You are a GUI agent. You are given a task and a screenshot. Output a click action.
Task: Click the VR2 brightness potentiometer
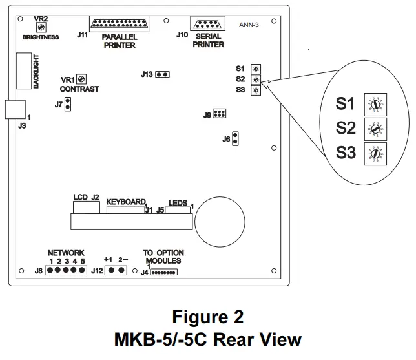tap(41, 26)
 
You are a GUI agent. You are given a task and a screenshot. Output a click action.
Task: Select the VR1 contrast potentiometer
tap(81, 79)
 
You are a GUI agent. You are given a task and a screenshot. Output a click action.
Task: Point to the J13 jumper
tap(163, 74)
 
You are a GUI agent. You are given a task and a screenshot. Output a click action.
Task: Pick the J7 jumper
tap(67, 104)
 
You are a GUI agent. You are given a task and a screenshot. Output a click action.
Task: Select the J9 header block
tap(219, 114)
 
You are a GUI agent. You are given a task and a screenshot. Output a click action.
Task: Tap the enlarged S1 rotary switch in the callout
tap(373, 103)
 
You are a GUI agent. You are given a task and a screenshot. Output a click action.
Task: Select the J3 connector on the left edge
tap(15, 109)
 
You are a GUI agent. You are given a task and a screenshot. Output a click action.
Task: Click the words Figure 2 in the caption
tap(207, 318)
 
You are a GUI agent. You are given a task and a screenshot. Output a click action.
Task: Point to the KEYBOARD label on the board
tap(126, 202)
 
